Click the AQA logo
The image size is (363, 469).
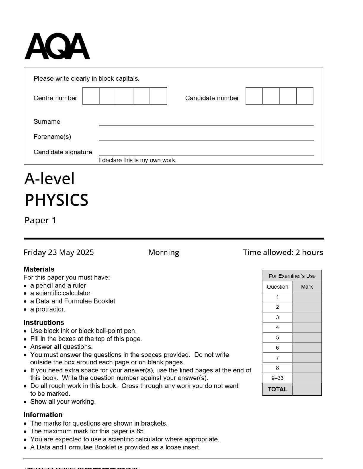click(57, 46)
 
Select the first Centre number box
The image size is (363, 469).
click(91, 96)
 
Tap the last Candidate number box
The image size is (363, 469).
click(305, 96)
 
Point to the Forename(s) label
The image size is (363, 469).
click(52, 137)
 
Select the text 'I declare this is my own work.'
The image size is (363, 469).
click(138, 160)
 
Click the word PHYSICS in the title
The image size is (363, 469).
click(56, 200)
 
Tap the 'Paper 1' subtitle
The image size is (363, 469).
click(40, 220)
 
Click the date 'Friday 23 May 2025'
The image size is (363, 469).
click(59, 252)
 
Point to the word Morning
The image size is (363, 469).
click(164, 252)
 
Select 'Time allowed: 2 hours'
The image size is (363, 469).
click(283, 252)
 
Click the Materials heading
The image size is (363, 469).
click(39, 269)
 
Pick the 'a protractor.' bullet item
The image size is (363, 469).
click(48, 309)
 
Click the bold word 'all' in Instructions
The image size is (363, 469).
click(58, 347)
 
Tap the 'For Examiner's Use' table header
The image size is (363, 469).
click(292, 276)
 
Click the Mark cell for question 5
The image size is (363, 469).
click(307, 338)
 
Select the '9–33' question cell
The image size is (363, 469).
click(277, 378)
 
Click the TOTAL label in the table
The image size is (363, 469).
click(277, 389)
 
